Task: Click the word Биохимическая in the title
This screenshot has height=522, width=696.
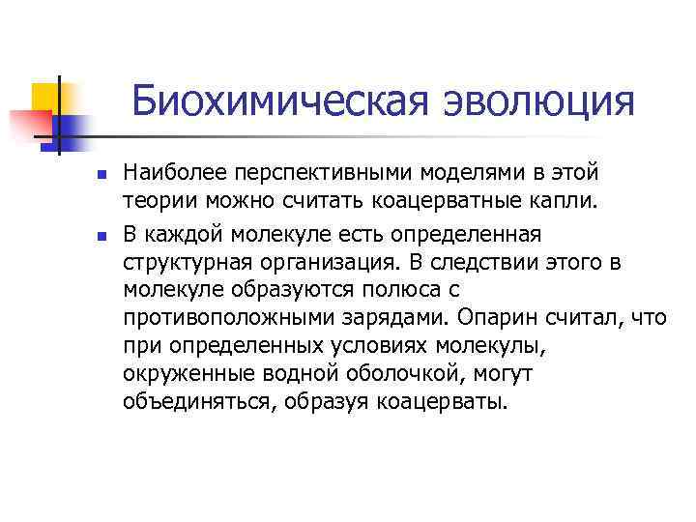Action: pos(270,101)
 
